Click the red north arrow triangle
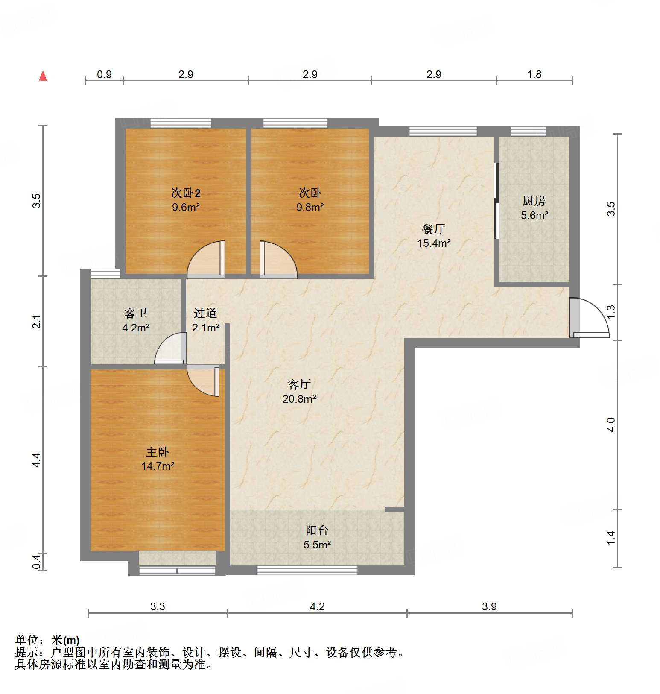(43, 76)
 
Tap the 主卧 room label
(158, 452)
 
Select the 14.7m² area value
(158, 466)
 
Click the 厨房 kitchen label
(534, 201)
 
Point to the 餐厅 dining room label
(434, 229)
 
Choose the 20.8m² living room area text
(299, 399)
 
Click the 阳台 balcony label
(317, 530)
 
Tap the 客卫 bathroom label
(136, 313)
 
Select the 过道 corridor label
(205, 313)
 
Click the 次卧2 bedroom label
(186, 193)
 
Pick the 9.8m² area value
(310, 207)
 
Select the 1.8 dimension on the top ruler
(534, 74)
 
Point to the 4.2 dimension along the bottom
(317, 606)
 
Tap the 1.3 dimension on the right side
(611, 311)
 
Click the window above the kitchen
(529, 132)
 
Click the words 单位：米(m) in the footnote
(47, 640)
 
